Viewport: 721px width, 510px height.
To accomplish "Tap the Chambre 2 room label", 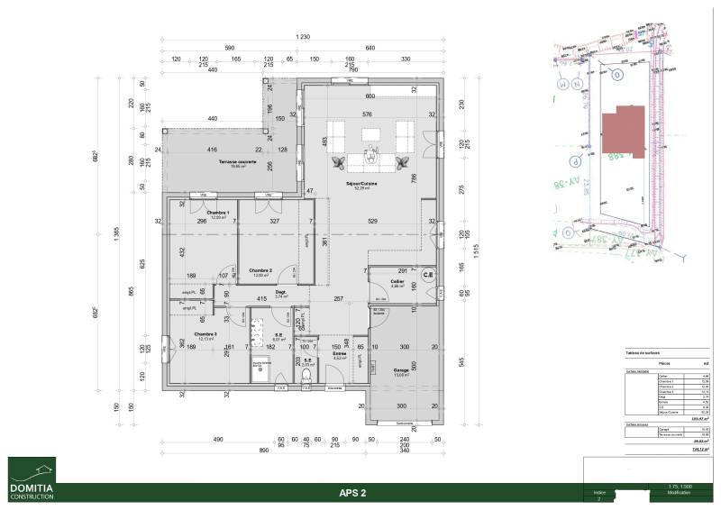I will point(261,270).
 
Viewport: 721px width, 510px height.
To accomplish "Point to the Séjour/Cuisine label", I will point(364,184).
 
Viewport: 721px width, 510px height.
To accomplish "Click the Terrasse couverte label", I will point(238,162).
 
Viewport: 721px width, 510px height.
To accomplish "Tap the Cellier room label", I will point(397,283).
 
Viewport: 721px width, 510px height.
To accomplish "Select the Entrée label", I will point(339,354).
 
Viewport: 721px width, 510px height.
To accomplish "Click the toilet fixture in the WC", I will point(306,377).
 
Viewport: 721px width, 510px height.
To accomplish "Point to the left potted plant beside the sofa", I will point(340,161).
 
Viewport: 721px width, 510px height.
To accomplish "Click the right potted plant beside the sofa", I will point(405,161).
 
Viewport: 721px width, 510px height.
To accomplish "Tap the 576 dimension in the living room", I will point(367,114).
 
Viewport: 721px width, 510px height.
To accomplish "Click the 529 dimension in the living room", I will point(371,221).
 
